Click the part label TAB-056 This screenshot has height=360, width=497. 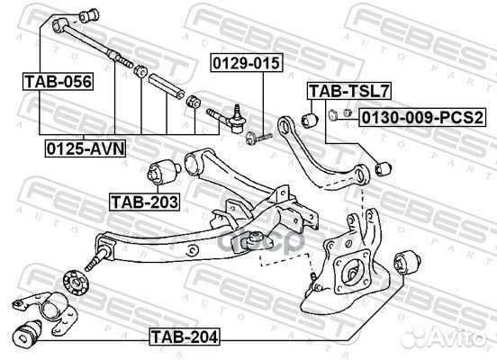(x=58, y=81)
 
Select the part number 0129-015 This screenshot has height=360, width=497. (x=247, y=63)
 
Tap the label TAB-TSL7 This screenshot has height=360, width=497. (x=349, y=91)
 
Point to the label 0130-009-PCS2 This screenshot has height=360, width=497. (x=422, y=118)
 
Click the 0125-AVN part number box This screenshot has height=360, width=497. (x=86, y=148)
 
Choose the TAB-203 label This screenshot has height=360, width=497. (x=145, y=202)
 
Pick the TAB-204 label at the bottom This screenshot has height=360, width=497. (x=185, y=337)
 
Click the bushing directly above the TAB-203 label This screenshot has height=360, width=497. (x=163, y=172)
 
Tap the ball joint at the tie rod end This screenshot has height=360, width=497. (x=237, y=121)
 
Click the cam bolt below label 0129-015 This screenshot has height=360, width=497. (x=258, y=138)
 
